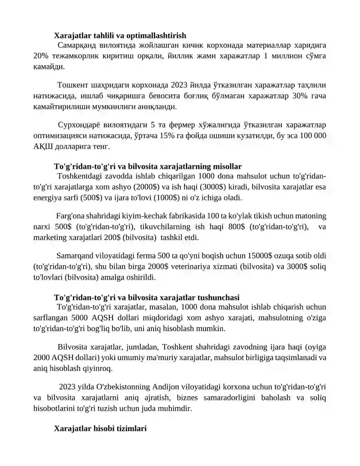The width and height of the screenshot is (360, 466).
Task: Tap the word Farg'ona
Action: pyautogui.click(x=70, y=216)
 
